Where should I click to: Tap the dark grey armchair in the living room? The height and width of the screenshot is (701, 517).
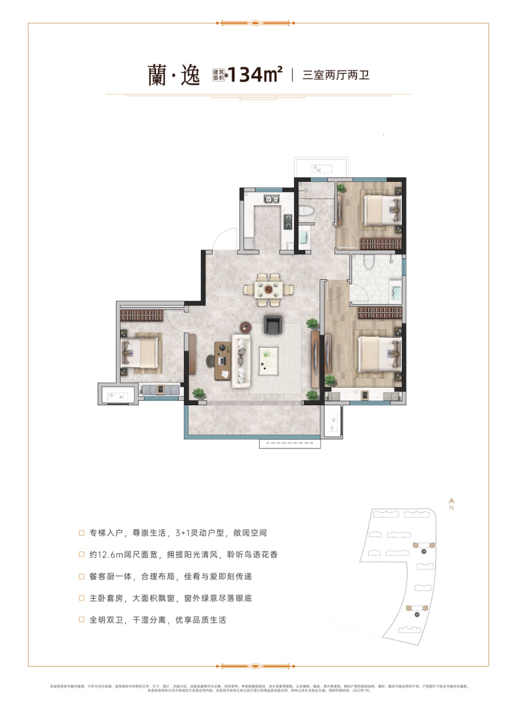[x=272, y=325]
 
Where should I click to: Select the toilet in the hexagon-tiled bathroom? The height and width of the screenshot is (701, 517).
[x=369, y=263]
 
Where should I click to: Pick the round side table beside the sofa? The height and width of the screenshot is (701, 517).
[x=245, y=327]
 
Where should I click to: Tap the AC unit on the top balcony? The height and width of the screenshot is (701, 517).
[x=317, y=169]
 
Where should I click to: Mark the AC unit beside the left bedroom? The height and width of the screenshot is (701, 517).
[x=116, y=395]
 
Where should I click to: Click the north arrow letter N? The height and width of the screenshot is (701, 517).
[x=452, y=508]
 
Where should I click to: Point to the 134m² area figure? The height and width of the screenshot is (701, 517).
[x=255, y=74]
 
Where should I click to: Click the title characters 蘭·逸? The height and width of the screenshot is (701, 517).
[x=166, y=76]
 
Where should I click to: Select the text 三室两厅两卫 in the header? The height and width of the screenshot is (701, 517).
[x=336, y=75]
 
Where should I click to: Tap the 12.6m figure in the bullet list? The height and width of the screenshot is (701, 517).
[x=105, y=554]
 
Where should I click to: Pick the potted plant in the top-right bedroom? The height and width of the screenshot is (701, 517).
[x=341, y=188]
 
